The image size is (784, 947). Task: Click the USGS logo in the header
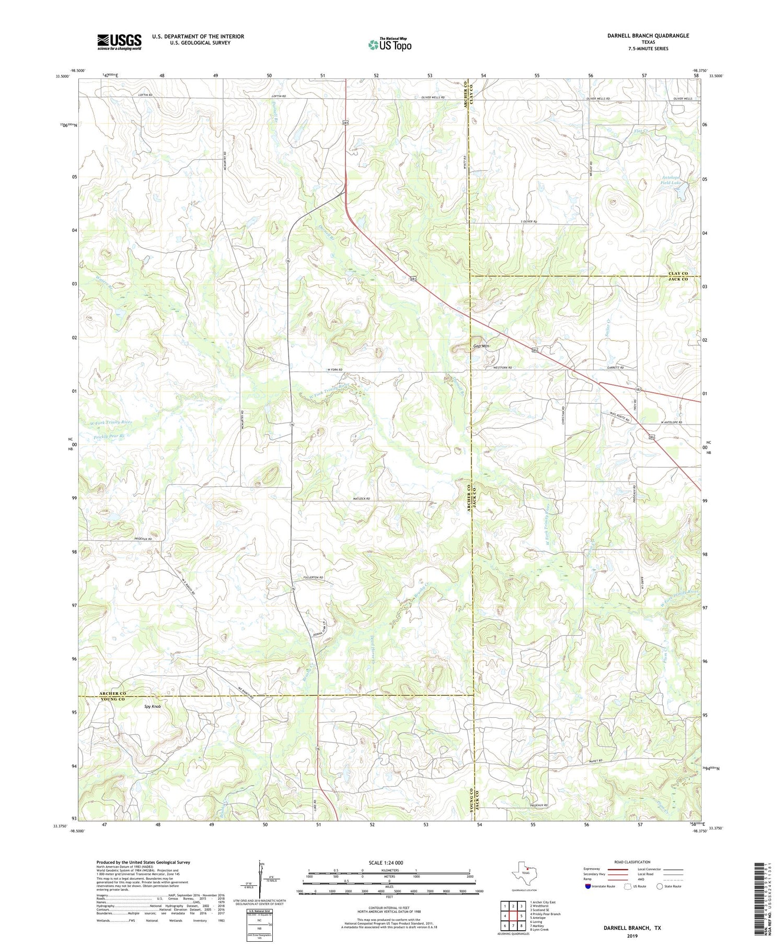[x=119, y=42]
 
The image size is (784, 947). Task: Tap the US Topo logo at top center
[x=390, y=44]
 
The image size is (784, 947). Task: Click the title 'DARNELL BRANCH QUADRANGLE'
[x=648, y=36]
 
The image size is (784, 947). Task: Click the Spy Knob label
[x=153, y=706]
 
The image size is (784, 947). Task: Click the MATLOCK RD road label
[x=360, y=499]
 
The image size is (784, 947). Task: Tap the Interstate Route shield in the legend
[x=587, y=886]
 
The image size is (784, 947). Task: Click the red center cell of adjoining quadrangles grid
[x=514, y=916]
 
